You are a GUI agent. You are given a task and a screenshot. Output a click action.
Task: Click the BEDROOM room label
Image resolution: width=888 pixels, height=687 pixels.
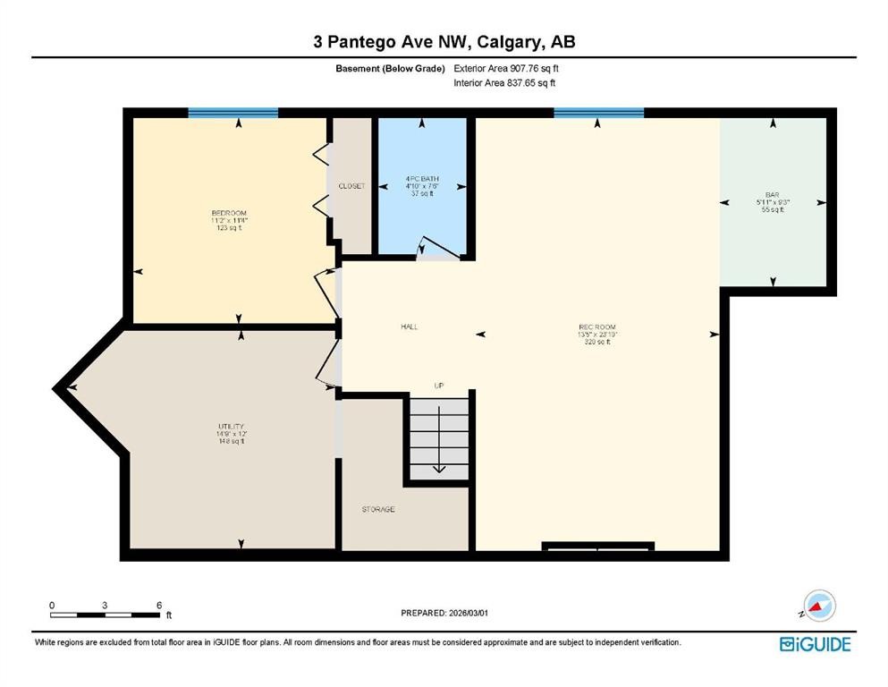tap(228, 213)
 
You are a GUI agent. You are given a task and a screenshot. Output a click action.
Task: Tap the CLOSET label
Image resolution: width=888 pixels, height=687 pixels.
tap(351, 186)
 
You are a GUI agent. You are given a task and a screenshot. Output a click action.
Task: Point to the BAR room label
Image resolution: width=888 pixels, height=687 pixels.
tap(772, 194)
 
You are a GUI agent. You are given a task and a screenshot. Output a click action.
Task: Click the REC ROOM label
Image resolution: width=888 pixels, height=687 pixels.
tap(597, 327)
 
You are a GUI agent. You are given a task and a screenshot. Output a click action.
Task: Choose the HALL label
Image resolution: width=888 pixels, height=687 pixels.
tap(410, 327)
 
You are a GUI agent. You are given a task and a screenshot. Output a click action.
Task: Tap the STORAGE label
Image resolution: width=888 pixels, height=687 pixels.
tap(378, 509)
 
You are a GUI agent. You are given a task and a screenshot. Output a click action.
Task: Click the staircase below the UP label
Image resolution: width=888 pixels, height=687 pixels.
tap(438, 438)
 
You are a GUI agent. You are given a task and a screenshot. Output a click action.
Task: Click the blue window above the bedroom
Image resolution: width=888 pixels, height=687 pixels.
tap(233, 113)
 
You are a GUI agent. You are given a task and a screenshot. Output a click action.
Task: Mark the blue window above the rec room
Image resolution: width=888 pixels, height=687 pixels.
tap(598, 113)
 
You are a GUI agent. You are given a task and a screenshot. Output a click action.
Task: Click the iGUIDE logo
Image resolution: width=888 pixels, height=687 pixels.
tap(815, 644)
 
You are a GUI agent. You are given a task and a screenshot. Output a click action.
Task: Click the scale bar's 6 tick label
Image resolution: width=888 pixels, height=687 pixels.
tap(159, 605)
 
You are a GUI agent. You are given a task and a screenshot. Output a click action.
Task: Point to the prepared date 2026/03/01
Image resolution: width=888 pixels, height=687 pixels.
tap(444, 613)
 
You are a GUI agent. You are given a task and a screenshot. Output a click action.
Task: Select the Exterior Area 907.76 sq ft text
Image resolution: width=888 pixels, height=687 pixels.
tap(512, 68)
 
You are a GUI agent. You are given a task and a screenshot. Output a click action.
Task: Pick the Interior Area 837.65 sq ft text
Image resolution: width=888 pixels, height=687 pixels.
tap(504, 83)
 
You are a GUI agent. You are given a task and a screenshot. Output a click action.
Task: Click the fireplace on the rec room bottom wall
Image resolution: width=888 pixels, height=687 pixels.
tap(597, 546)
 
